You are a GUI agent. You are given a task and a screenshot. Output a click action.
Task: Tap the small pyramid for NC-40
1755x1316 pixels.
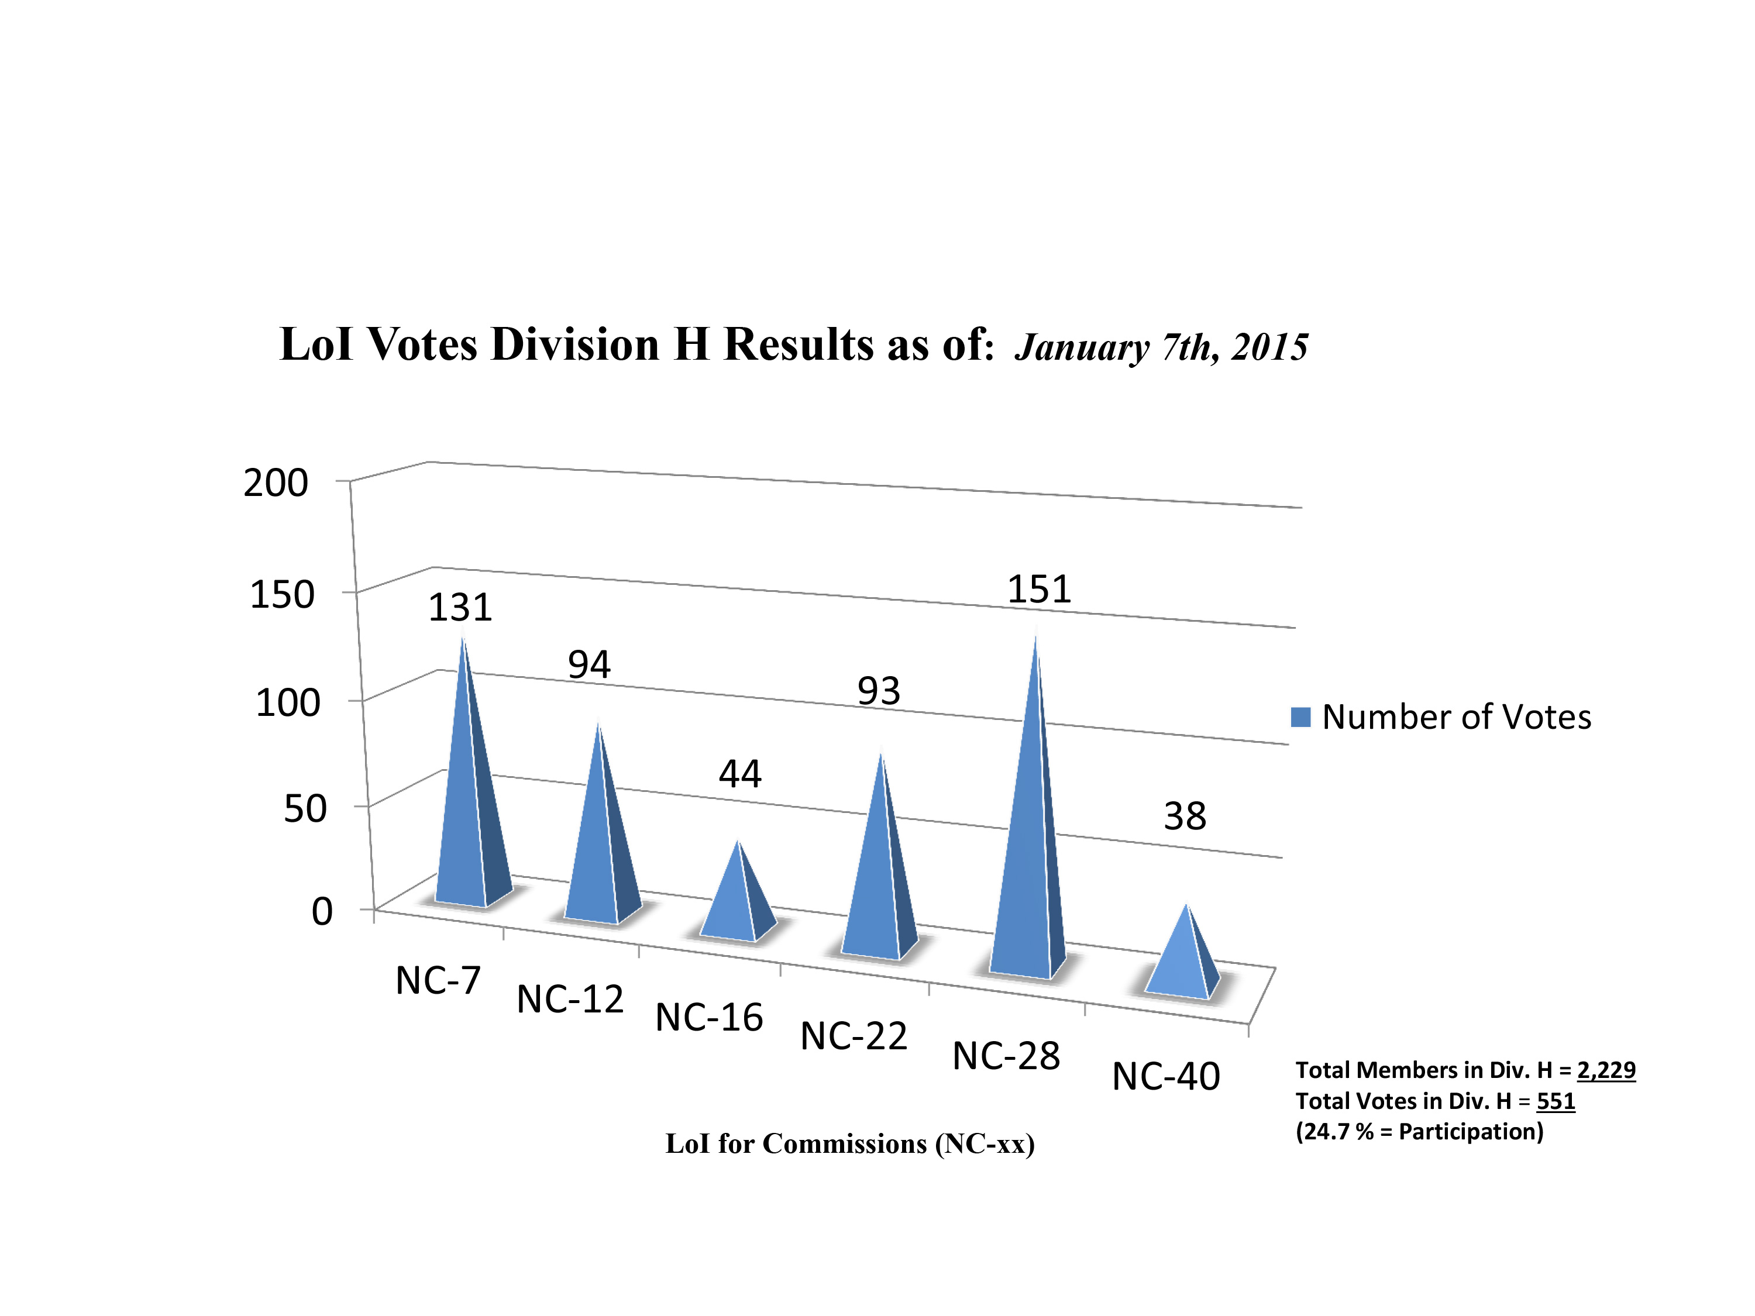click(1182, 960)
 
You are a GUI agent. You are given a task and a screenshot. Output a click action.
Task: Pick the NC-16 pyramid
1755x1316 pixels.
click(738, 900)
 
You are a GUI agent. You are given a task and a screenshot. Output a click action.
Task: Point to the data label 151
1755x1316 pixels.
click(1038, 590)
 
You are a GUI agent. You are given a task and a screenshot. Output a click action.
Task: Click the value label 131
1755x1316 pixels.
click(460, 608)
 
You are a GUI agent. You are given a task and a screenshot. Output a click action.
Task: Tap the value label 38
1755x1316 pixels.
click(1185, 817)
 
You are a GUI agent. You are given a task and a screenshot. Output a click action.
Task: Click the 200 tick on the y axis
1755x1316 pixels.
click(276, 483)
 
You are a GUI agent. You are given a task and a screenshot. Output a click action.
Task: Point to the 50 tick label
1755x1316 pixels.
click(305, 809)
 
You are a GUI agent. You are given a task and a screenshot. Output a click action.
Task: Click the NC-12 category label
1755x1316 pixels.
click(570, 1000)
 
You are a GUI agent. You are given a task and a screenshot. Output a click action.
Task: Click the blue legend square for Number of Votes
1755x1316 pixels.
click(1300, 717)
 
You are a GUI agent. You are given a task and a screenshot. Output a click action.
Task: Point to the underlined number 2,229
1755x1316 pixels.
click(1606, 1070)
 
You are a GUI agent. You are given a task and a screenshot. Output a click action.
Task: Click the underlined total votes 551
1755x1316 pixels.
click(1555, 1101)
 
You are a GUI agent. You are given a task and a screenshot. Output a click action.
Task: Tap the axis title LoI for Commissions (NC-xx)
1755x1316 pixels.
click(850, 1145)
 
